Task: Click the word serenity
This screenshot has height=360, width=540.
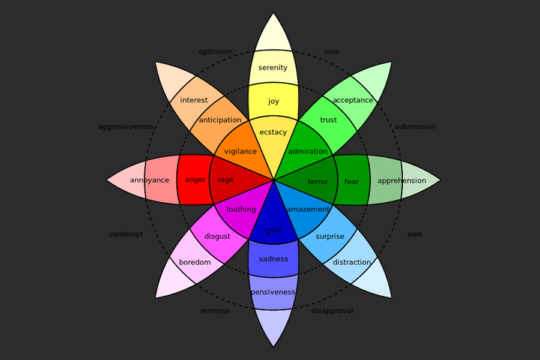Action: click(273, 68)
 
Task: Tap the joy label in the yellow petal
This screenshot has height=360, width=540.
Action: click(274, 101)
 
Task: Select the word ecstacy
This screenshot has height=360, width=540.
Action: click(273, 132)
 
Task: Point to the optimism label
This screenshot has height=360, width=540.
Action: click(216, 52)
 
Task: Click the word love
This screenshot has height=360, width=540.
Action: click(332, 52)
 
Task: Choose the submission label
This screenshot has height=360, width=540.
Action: click(415, 127)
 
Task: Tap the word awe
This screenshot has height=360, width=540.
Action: click(415, 234)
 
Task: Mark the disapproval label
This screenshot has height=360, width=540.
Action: click(332, 311)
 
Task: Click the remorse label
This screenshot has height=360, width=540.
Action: click(215, 311)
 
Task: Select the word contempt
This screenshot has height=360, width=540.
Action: click(126, 234)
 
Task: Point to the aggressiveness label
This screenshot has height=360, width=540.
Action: click(125, 127)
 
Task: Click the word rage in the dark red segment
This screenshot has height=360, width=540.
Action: click(226, 180)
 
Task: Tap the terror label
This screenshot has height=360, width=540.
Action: click(318, 182)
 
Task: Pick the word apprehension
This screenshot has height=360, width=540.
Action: click(402, 181)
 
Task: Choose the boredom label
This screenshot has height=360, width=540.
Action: click(195, 262)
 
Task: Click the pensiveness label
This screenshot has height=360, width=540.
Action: click(273, 292)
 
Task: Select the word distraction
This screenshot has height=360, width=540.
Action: click(352, 262)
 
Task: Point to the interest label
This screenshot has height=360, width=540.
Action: click(194, 100)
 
